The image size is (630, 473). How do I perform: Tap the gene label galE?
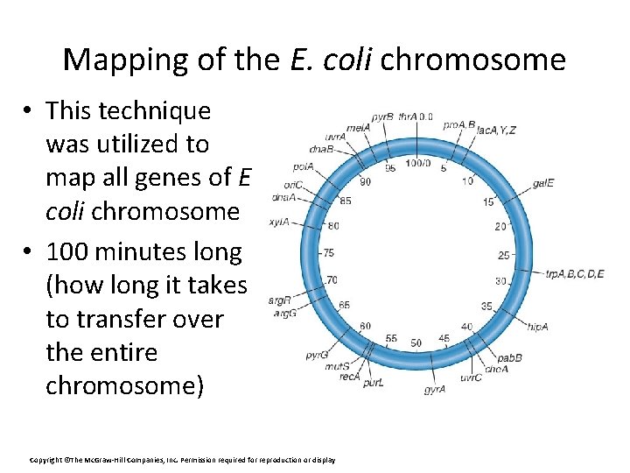tap(542, 184)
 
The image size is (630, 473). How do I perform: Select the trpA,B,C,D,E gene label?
tap(574, 274)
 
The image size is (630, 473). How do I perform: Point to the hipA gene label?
tap(537, 326)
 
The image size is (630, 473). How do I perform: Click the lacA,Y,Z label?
tap(496, 131)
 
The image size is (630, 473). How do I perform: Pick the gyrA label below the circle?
tap(435, 389)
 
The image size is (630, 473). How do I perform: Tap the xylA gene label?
tap(279, 222)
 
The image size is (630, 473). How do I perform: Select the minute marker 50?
tap(416, 342)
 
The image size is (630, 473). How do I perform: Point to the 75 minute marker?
tap(328, 252)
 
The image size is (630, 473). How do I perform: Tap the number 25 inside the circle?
tap(503, 255)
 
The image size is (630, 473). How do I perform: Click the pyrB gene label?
tap(382, 116)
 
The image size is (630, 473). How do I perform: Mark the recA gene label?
tap(350, 377)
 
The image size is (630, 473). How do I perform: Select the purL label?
tap(374, 384)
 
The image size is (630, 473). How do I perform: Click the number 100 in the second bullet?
tap(70, 252)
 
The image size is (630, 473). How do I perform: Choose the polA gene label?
tap(304, 166)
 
